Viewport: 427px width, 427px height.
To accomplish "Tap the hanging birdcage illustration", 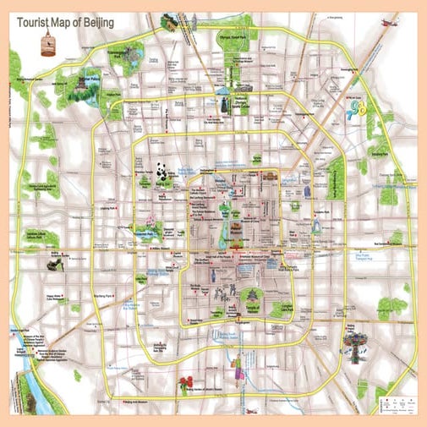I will tap(47, 42).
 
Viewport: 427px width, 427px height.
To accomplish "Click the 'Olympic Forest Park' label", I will tap(236, 39).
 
